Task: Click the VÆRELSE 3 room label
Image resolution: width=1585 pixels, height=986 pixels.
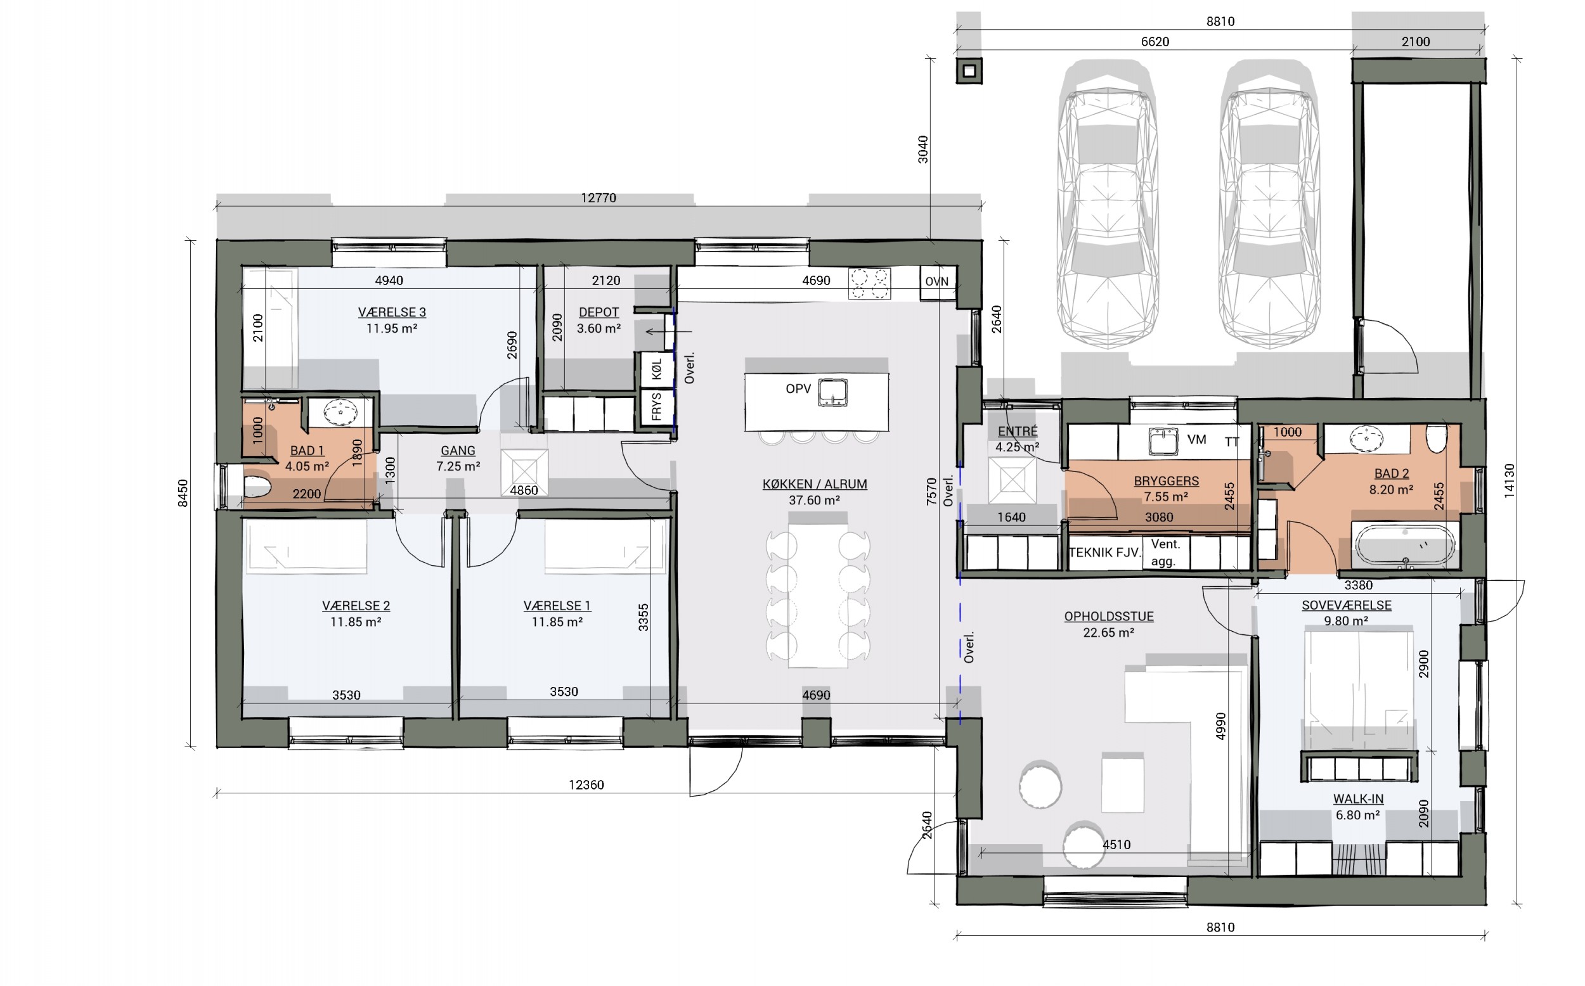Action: click(392, 312)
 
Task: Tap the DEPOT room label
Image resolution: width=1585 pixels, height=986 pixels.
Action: click(598, 312)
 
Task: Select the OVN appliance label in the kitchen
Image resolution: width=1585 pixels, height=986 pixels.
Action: click(936, 282)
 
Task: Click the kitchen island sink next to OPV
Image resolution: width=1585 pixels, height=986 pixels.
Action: click(833, 393)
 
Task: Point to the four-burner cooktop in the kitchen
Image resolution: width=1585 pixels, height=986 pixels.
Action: click(869, 284)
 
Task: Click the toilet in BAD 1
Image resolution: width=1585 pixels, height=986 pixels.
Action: click(257, 487)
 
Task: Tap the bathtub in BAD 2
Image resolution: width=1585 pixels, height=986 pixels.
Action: click(1405, 545)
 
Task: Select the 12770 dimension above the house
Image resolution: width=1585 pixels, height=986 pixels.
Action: click(598, 198)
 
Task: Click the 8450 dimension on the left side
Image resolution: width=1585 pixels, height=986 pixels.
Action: click(183, 493)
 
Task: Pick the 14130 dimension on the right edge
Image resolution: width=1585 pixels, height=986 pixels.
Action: click(1509, 481)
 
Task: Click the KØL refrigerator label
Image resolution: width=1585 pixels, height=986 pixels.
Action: click(656, 370)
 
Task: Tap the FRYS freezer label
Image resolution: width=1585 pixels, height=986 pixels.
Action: click(656, 406)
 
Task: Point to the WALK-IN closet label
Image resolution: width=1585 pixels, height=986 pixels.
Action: click(1358, 799)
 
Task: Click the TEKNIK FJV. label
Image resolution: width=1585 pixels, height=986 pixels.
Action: click(1105, 553)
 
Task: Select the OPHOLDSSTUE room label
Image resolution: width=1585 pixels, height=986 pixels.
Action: click(1109, 616)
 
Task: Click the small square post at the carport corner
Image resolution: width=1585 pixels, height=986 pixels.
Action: click(969, 71)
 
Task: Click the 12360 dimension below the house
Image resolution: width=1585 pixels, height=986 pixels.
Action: click(586, 784)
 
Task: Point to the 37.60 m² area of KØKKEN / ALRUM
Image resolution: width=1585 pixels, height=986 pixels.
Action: click(814, 500)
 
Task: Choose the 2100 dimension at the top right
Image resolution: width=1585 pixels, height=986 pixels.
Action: click(1416, 42)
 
